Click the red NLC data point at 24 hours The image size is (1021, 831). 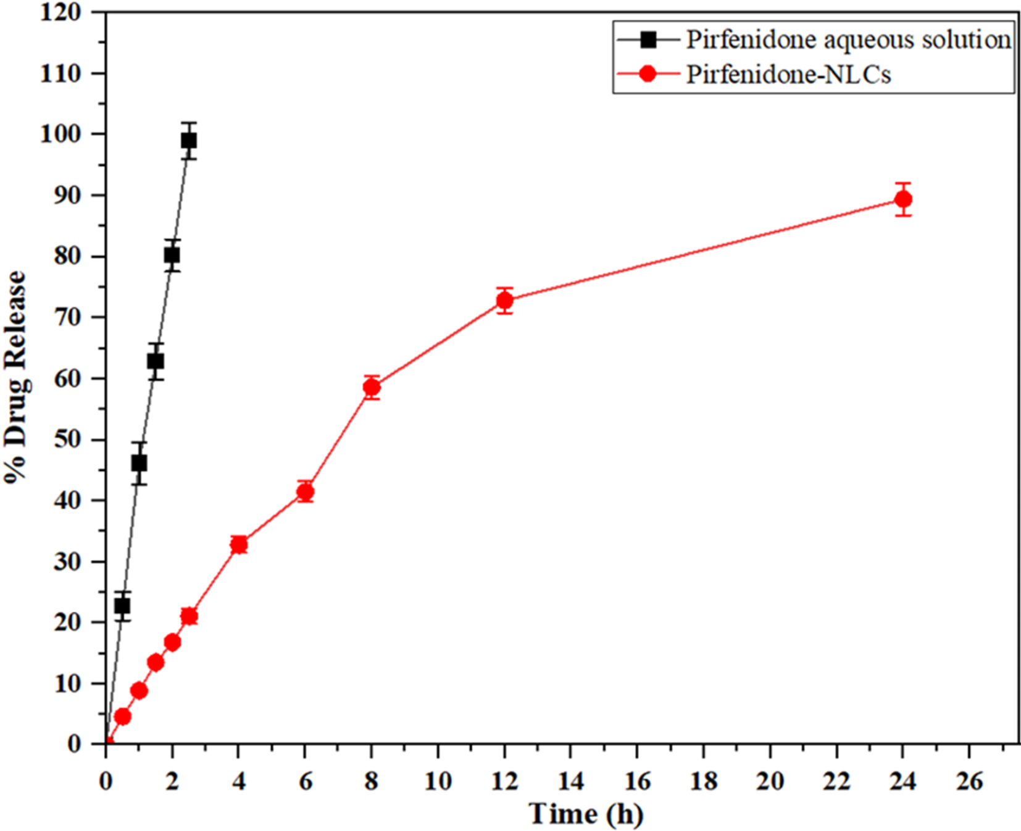902,199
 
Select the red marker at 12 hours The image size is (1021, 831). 504,301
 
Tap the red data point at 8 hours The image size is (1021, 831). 372,388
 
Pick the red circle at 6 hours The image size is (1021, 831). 305,492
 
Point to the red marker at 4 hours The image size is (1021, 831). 239,545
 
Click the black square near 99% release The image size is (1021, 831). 189,141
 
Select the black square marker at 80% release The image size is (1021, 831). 172,256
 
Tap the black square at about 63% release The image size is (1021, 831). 156,361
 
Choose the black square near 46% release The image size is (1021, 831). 139,463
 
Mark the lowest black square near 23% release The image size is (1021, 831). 122,606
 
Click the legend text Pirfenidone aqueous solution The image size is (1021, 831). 848,40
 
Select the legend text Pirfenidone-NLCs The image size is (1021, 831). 788,75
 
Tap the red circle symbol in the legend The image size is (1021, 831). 648,74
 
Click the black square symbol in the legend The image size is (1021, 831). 648,40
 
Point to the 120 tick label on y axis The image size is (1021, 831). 60,12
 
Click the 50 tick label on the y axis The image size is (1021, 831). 67,440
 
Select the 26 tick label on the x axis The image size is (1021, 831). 969,782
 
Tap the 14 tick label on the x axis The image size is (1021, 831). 570,782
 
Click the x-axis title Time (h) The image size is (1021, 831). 586,814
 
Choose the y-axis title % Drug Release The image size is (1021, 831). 16,377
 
